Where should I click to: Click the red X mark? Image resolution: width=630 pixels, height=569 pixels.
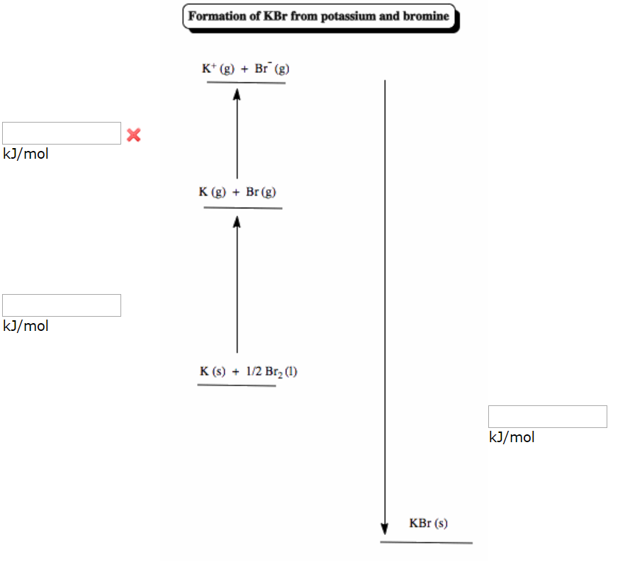133,135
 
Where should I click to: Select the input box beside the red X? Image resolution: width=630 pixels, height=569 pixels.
62,133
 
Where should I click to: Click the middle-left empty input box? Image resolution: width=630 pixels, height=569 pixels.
62,305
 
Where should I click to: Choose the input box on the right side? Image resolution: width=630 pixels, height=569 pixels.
547,417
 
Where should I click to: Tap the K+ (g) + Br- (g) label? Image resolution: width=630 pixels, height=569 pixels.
245,69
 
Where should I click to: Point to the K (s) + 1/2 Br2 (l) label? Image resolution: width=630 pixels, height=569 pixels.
248,371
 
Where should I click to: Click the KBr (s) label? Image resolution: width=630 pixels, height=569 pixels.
428,524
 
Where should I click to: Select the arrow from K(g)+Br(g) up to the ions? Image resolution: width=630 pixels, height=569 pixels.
237,135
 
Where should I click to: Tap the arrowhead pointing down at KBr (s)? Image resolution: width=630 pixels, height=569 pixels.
385,529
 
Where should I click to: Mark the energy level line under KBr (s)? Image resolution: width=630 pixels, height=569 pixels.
426,543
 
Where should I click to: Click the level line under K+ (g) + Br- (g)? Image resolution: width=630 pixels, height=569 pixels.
246,82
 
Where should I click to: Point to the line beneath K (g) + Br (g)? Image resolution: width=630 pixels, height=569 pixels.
242,208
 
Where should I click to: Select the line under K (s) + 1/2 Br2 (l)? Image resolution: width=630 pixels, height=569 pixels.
237,385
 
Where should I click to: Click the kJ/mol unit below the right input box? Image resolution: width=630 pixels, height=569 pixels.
512,437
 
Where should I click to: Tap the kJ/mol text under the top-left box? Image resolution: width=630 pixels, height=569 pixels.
26,154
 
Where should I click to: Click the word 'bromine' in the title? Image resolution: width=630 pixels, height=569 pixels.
426,16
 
